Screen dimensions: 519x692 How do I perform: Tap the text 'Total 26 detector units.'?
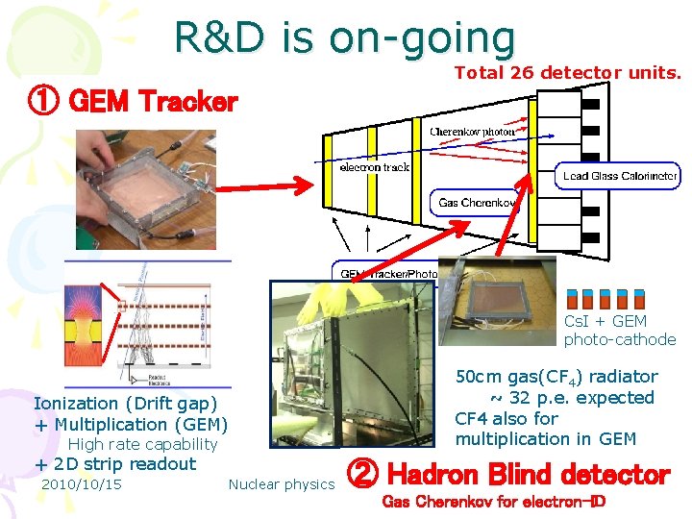567,72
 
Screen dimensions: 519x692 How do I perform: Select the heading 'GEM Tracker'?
155,101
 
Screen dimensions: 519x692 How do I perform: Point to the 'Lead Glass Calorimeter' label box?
620,176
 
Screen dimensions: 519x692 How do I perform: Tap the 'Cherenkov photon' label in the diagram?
472,132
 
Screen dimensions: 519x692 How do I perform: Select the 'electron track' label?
374,167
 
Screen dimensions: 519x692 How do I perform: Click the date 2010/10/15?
82,484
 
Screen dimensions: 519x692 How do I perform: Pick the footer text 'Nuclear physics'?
281,484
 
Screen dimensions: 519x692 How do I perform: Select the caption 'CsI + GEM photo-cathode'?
619,330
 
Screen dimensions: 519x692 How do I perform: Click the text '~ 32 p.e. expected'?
572,398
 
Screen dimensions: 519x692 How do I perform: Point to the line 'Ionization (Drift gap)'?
126,404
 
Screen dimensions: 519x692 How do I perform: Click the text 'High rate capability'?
143,444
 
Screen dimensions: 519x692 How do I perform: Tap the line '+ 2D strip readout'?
114,464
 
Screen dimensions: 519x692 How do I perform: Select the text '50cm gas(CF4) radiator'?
556,377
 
